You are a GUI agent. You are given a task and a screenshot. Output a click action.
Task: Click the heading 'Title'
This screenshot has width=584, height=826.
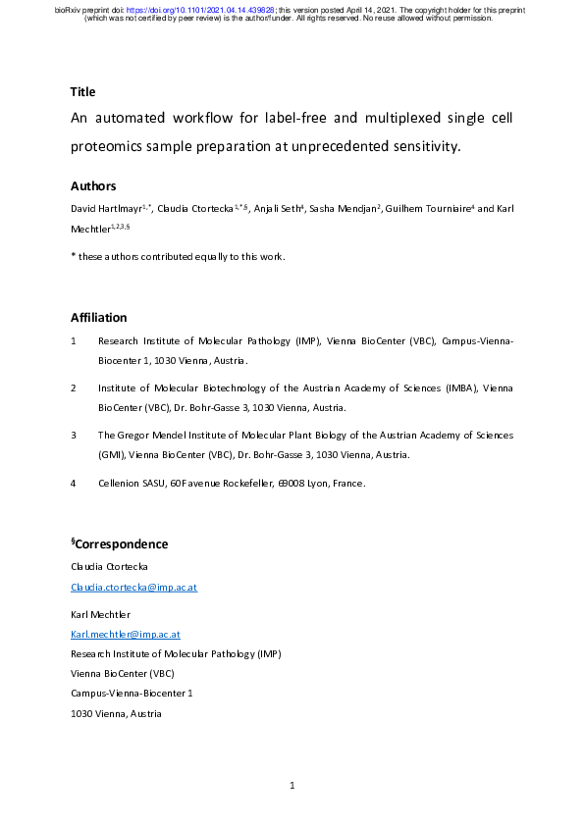(x=82, y=92)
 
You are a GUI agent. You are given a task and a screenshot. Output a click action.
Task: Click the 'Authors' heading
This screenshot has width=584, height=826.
(x=93, y=185)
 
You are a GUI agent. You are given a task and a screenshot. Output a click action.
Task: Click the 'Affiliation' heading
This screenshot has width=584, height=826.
(x=98, y=317)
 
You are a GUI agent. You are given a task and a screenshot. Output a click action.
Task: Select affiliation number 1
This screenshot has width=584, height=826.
(x=74, y=341)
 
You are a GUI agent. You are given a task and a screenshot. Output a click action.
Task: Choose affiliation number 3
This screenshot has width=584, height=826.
(x=74, y=434)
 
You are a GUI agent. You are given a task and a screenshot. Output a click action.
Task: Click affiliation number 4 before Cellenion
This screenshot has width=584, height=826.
(x=74, y=483)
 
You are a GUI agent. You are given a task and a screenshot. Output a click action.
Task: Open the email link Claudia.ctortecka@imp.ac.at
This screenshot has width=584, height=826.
(x=134, y=587)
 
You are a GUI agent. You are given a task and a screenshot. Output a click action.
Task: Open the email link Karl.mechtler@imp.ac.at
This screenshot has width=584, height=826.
(x=125, y=635)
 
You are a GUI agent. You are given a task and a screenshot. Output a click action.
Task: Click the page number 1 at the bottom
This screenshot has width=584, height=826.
(x=292, y=785)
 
